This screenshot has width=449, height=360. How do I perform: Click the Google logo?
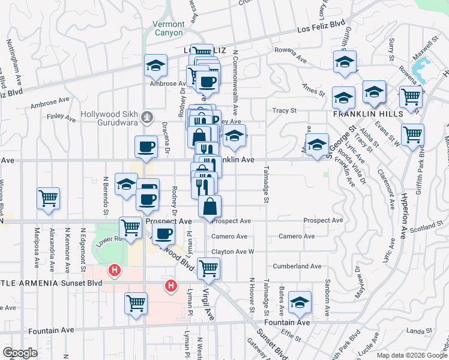[20, 353]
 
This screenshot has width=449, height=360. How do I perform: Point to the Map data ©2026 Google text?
[412, 355]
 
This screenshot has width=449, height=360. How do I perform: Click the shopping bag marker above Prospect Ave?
[209, 206]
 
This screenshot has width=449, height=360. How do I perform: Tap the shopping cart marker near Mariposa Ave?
[48, 197]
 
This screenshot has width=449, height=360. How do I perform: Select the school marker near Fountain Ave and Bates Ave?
[300, 303]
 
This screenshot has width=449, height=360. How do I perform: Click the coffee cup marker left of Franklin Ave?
[146, 147]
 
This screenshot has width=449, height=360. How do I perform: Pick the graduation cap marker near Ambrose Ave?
[155, 65]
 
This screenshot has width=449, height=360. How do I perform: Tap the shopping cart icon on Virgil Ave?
[208, 268]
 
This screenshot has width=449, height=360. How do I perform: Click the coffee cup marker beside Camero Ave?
[163, 233]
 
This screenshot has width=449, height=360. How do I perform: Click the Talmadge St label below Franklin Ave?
[264, 185]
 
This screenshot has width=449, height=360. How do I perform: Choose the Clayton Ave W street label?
[233, 252]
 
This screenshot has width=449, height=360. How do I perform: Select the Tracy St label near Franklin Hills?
[285, 110]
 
